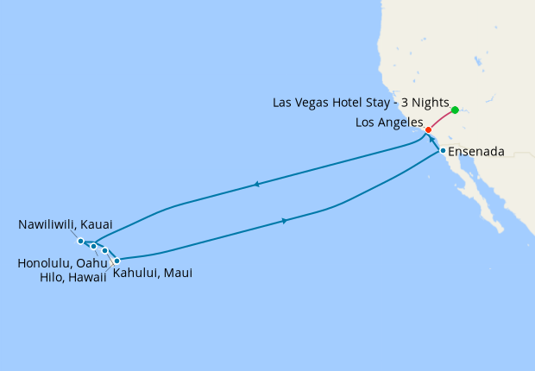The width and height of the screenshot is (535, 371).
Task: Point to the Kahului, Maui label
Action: click(153, 274)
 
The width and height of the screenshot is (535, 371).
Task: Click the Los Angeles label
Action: click(389, 123)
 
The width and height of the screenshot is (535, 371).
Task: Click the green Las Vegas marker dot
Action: click(455, 110)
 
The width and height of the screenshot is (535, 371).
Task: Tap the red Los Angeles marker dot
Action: click(429, 130)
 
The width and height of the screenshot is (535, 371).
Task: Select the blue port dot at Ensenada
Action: click(443, 151)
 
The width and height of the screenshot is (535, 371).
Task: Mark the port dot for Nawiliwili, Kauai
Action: click(80, 241)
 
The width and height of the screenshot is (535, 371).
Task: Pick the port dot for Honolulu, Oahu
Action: click(94, 247)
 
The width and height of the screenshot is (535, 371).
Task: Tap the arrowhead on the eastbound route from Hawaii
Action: click(285, 222)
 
